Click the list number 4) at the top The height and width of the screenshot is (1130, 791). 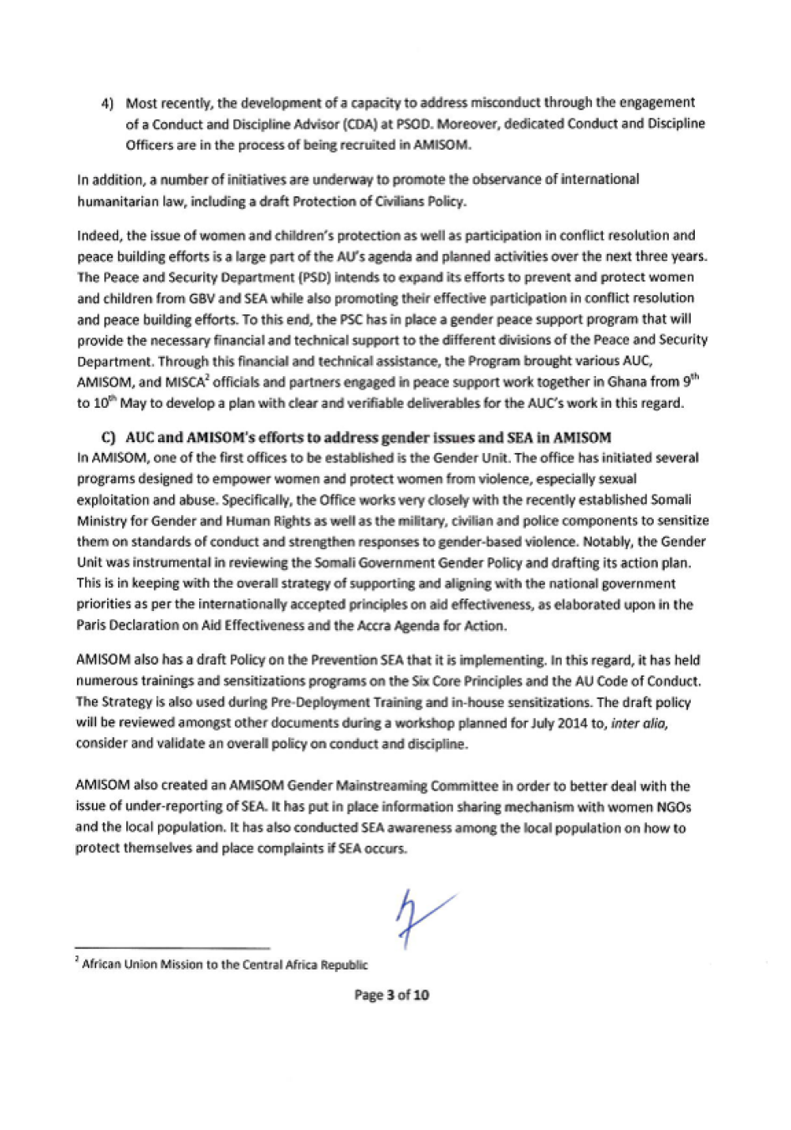(107, 104)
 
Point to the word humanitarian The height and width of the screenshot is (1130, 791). (110, 201)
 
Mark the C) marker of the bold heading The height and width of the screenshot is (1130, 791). (108, 437)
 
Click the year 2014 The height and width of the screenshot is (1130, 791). (573, 723)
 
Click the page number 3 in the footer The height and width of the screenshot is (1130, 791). (390, 995)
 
